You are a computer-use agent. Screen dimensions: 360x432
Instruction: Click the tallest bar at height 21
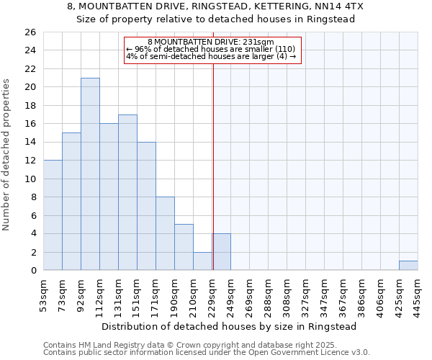[x=90, y=174]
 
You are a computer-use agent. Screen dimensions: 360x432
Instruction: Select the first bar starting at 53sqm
[x=53, y=215]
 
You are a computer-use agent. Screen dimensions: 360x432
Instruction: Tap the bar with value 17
[x=127, y=192]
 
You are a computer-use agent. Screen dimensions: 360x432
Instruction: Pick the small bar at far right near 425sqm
[x=408, y=266]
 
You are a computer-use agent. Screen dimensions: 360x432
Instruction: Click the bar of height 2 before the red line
[x=202, y=261]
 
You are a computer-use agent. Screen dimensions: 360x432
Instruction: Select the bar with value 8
[x=165, y=234]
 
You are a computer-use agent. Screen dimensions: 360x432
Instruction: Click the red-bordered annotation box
[x=212, y=50]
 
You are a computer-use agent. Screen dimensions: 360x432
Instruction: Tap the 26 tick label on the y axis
[x=30, y=32]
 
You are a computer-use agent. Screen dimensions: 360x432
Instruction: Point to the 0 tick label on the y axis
[x=32, y=271]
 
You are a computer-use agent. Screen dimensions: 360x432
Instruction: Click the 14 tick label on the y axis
[x=30, y=143]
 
